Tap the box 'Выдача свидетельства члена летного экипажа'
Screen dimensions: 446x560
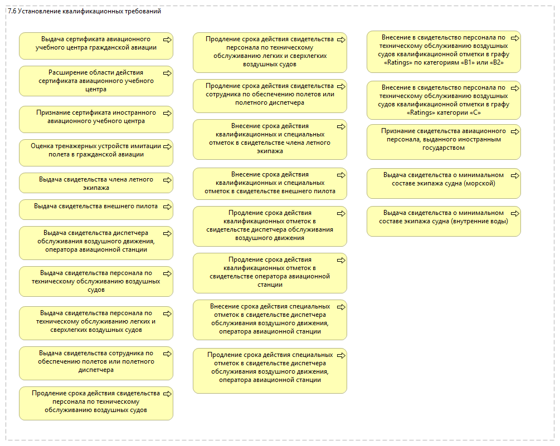(x=96, y=183)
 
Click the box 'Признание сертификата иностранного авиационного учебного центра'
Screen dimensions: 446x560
(x=96, y=116)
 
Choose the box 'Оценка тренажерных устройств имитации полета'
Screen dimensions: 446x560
(x=96, y=150)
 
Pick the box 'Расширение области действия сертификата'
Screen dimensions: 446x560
(x=96, y=81)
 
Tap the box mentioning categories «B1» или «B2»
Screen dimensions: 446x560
(x=444, y=51)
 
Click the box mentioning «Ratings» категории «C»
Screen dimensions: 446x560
(x=444, y=100)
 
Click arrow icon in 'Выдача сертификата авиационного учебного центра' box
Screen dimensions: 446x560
(x=167, y=40)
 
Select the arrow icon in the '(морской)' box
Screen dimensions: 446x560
(x=515, y=175)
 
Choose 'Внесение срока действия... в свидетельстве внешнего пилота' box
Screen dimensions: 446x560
(x=270, y=183)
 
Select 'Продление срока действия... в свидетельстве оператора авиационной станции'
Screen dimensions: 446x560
(x=270, y=273)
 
